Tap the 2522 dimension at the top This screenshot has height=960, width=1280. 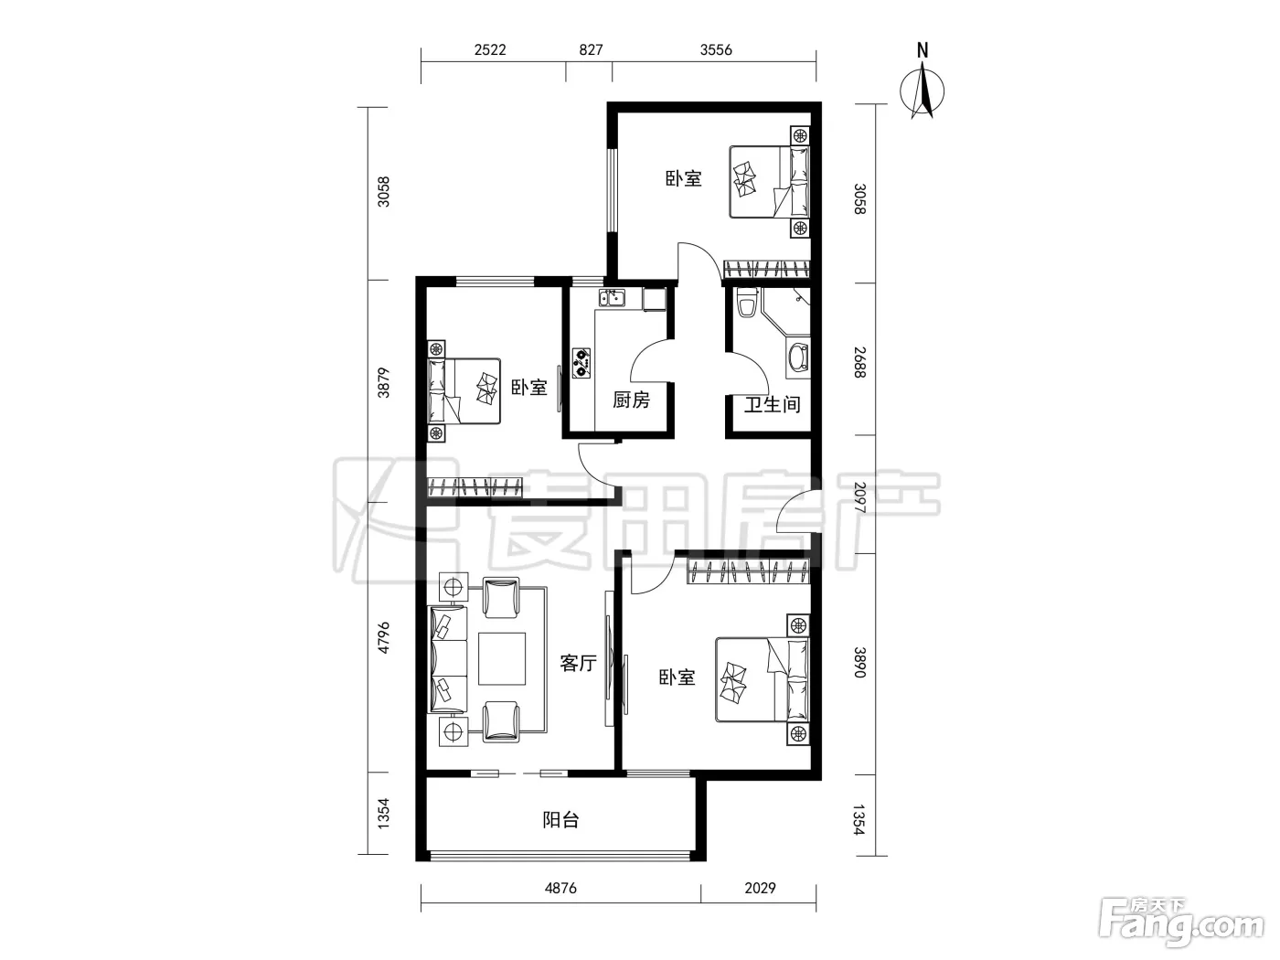pos(490,50)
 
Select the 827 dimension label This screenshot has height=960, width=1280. pos(591,50)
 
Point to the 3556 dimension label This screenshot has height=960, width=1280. pos(716,50)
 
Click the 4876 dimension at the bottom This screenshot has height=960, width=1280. pos(560,888)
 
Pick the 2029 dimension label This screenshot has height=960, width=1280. pos(760,888)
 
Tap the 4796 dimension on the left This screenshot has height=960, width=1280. pos(383,637)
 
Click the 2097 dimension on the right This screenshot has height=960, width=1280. pos(859,497)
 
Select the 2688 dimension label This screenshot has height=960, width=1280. pos(859,362)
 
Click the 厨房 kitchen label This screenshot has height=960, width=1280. pos(631,400)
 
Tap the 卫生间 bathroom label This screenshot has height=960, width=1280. pos(772,404)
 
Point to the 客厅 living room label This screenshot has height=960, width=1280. pos(578,663)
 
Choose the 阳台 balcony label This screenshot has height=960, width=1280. pos(560,820)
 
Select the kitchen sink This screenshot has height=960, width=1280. pos(612,298)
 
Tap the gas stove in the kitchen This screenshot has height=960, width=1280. pos(581,363)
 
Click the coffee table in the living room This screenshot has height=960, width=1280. pos(502,658)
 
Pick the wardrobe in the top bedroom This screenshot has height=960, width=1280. pos(767,269)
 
